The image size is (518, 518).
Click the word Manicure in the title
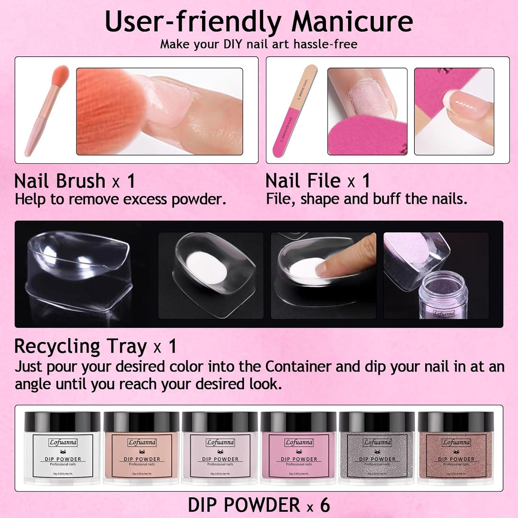[x=352, y=21]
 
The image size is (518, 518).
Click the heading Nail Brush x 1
[x=75, y=181]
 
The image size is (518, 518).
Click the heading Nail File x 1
[x=318, y=181]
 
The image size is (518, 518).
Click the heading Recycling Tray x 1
[x=95, y=346]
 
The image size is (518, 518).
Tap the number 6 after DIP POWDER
[x=325, y=505]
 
